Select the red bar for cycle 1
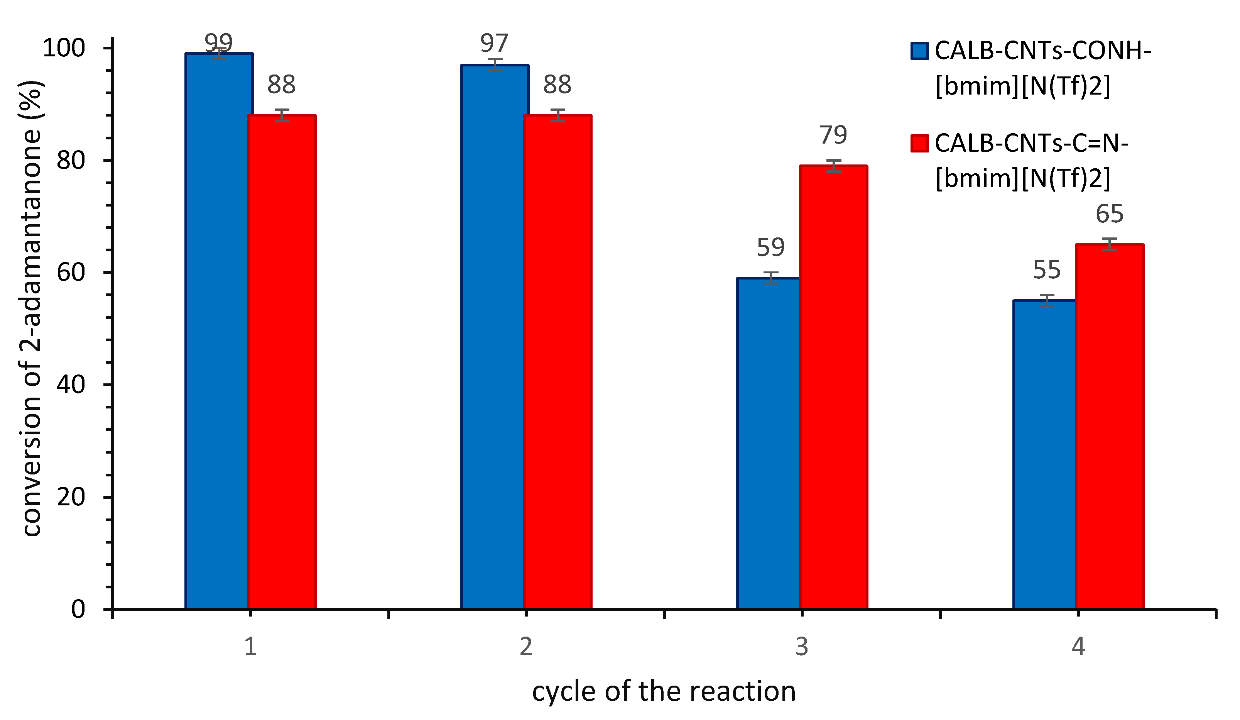pyautogui.click(x=282, y=362)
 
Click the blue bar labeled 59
pyautogui.click(x=768, y=443)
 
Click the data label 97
pyautogui.click(x=494, y=43)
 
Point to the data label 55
pyautogui.click(x=1046, y=270)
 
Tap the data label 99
pyautogui.click(x=218, y=43)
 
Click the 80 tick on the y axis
pyautogui.click(x=71, y=160)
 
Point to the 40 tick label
pyautogui.click(x=71, y=385)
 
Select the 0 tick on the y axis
pyautogui.click(x=78, y=610)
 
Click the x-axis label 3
pyautogui.click(x=802, y=647)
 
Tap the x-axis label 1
pyautogui.click(x=250, y=647)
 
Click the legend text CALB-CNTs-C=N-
pyautogui.click(x=1031, y=143)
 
